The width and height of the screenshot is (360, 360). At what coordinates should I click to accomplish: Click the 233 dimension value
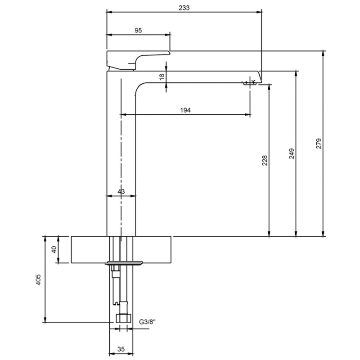pyautogui.click(x=184, y=8)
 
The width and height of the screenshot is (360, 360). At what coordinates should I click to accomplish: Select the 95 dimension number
pyautogui.click(x=138, y=30)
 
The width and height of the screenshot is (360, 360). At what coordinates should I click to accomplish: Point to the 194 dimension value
pyautogui.click(x=185, y=110)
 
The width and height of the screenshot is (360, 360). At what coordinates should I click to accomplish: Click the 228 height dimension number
pyautogui.click(x=265, y=160)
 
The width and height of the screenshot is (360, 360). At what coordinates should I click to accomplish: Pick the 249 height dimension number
pyautogui.click(x=291, y=154)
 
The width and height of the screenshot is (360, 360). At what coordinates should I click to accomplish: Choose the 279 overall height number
pyautogui.click(x=319, y=144)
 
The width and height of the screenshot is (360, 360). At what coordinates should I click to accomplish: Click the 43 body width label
pyautogui.click(x=121, y=191)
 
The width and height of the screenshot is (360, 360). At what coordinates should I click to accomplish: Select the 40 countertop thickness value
pyautogui.click(x=54, y=249)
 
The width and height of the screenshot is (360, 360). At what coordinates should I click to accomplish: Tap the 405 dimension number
pyautogui.click(x=38, y=279)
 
